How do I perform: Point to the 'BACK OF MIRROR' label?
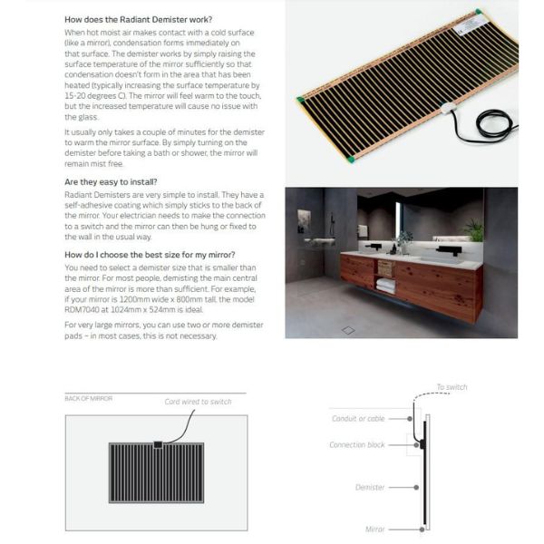tap(88, 398)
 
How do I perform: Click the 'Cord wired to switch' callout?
tap(198, 402)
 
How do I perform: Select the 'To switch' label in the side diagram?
tap(451, 387)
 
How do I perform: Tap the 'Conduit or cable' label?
tap(358, 418)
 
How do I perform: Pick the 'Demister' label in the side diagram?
tap(370, 487)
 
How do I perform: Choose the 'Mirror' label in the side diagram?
tap(374, 528)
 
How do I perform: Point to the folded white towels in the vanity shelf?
tap(386, 285)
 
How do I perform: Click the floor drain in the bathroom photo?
tap(349, 330)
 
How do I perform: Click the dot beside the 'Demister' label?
tap(415, 487)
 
